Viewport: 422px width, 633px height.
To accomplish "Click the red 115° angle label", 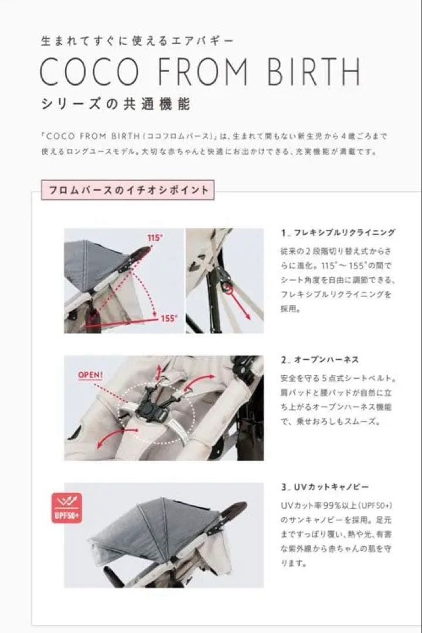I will pos(154,238).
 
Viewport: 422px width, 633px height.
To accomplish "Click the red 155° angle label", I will pos(168,319).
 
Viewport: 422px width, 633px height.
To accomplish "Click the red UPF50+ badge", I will pos(67,508).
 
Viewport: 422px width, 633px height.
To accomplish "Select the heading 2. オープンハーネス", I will pos(319,360).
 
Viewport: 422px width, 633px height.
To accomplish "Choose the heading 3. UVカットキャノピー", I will pos(324,488).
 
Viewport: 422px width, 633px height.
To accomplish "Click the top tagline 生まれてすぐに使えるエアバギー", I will pos(137,41).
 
